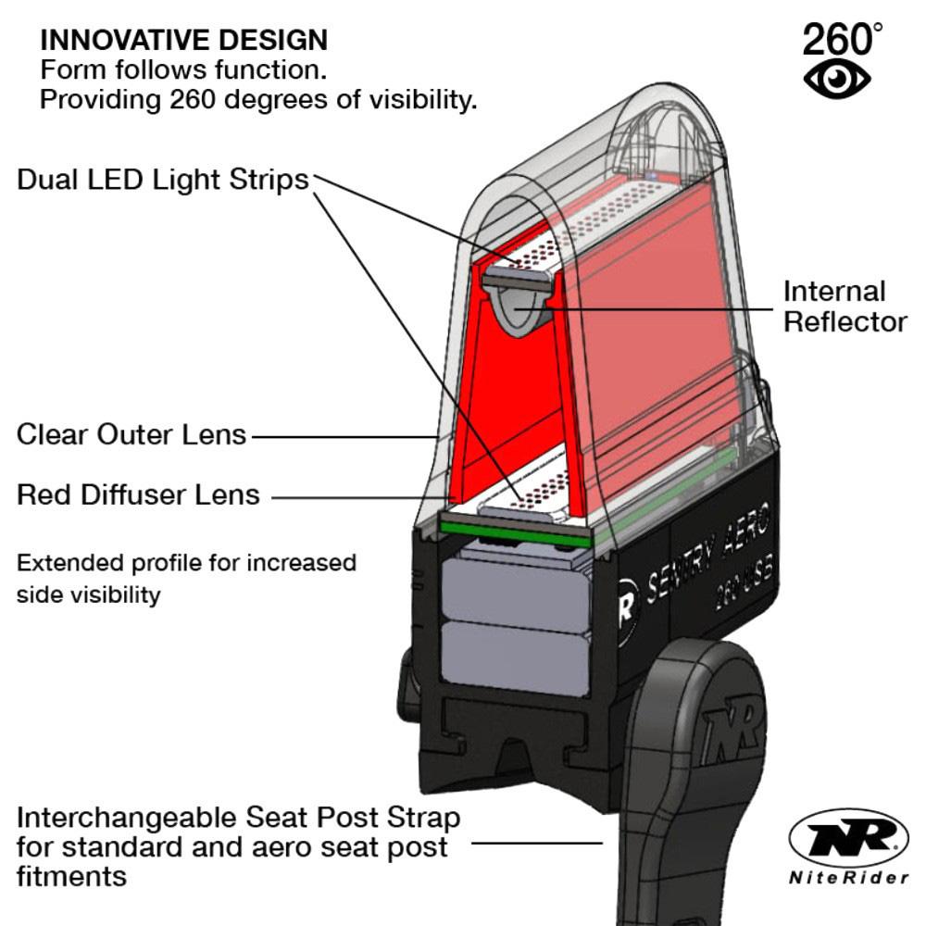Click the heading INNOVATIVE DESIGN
183,40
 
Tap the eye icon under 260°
837,78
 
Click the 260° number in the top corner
842,38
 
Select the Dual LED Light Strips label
163,180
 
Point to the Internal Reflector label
845,307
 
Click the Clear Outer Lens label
131,434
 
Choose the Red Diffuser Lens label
138,494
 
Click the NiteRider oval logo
848,838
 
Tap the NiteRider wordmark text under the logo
848,878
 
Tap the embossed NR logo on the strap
732,731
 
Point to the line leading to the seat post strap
536,843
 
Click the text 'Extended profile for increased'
187,563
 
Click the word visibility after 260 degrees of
423,99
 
